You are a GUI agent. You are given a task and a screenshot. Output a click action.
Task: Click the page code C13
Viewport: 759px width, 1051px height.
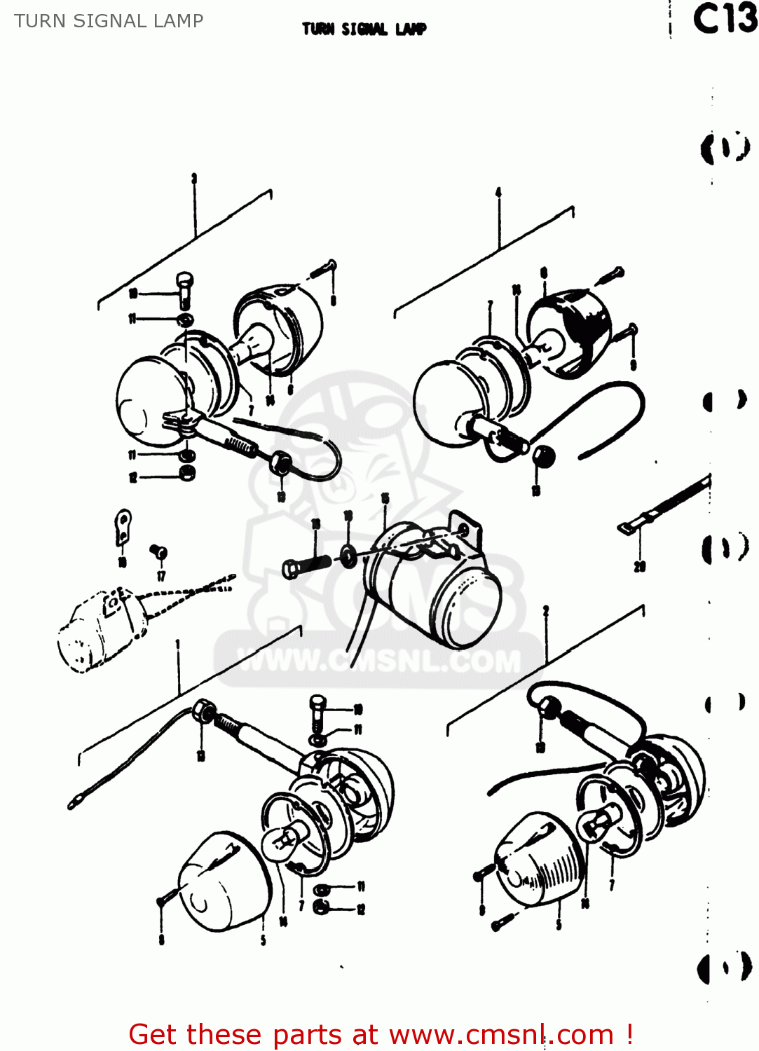[x=725, y=19]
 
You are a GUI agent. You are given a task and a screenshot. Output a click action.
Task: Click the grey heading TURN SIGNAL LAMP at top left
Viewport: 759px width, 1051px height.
[x=109, y=21]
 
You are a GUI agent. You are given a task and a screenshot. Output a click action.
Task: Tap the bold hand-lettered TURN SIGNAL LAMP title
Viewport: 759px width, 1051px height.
[x=364, y=29]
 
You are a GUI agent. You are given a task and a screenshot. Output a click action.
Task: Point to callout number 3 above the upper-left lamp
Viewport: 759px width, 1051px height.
[x=194, y=179]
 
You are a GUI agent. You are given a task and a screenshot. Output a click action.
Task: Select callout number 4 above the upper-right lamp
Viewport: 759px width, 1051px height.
[x=498, y=192]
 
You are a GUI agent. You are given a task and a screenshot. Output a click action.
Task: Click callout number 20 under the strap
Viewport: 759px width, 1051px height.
[x=639, y=566]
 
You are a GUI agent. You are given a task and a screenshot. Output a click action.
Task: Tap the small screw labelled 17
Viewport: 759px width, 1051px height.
[x=158, y=552]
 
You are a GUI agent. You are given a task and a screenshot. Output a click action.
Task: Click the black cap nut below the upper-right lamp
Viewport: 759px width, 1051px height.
[x=543, y=458]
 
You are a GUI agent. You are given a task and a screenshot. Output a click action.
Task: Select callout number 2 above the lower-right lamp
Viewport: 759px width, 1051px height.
[x=545, y=611]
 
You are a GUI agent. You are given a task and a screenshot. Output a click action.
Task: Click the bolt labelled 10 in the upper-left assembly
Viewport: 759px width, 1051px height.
[x=184, y=287]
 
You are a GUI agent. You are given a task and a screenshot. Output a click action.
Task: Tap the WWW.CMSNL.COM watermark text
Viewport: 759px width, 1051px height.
[x=379, y=661]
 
